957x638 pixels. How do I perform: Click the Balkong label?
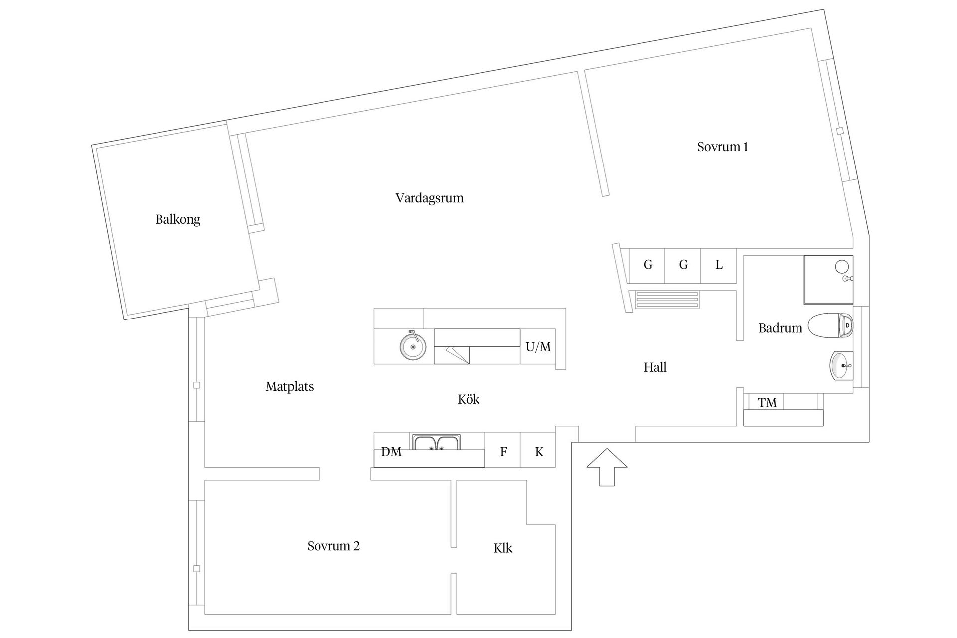click(177, 219)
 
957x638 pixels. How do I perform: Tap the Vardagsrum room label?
click(429, 198)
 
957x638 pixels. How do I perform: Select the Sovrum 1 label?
click(722, 147)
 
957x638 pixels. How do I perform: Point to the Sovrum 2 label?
click(333, 546)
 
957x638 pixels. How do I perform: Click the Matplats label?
click(289, 386)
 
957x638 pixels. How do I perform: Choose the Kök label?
click(468, 399)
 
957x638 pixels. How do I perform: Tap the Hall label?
click(655, 367)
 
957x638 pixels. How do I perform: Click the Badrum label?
click(780, 328)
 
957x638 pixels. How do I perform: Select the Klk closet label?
click(503, 548)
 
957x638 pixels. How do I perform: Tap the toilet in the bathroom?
click(830, 326)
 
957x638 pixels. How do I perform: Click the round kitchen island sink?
click(413, 345)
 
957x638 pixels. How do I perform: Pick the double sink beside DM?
click(436, 442)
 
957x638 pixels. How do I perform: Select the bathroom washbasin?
click(841, 365)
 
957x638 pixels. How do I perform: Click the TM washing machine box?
click(767, 402)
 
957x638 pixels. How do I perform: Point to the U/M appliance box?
click(538, 346)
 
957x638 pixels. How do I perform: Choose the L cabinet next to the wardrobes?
click(719, 265)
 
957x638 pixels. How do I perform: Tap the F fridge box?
click(503, 452)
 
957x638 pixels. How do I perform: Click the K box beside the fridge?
click(538, 452)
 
